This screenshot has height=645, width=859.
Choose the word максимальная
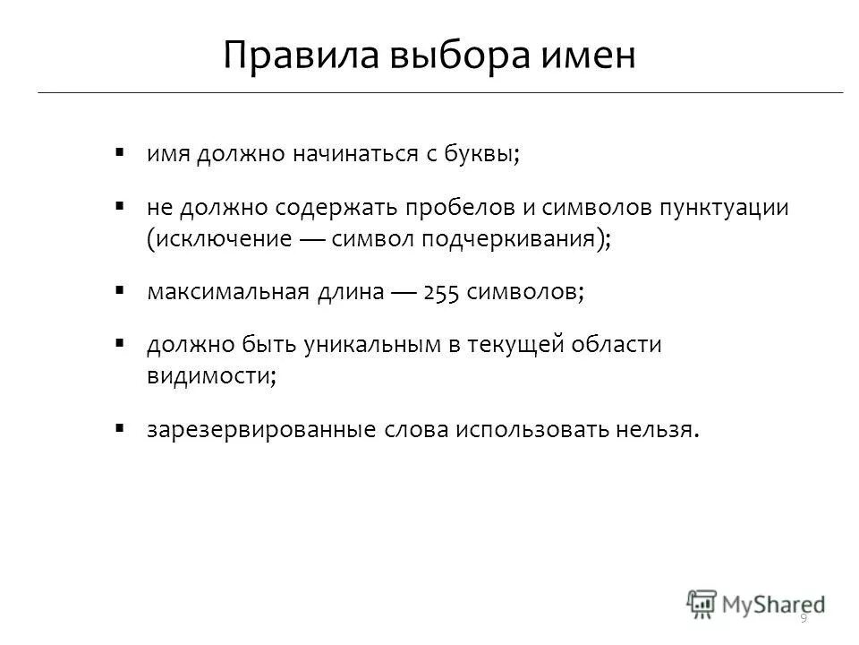click(x=227, y=293)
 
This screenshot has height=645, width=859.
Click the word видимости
click(x=208, y=376)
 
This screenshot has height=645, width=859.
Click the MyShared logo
click(x=756, y=602)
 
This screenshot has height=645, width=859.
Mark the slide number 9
click(x=804, y=619)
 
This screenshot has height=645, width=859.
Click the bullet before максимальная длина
click(x=119, y=291)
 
